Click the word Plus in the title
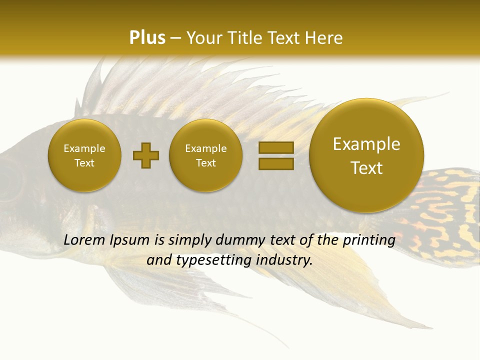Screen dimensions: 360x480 click(x=147, y=38)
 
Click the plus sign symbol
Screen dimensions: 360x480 click(x=146, y=155)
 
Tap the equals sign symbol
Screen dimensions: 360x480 click(x=276, y=155)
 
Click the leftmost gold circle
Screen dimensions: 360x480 click(x=84, y=155)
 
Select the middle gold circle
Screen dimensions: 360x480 click(x=205, y=155)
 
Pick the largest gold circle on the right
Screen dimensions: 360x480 click(x=366, y=155)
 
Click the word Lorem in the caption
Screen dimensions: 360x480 click(x=84, y=240)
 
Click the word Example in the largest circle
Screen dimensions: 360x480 click(x=366, y=144)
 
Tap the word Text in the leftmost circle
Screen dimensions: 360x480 click(x=84, y=163)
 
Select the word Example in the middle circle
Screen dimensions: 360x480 click(x=205, y=148)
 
